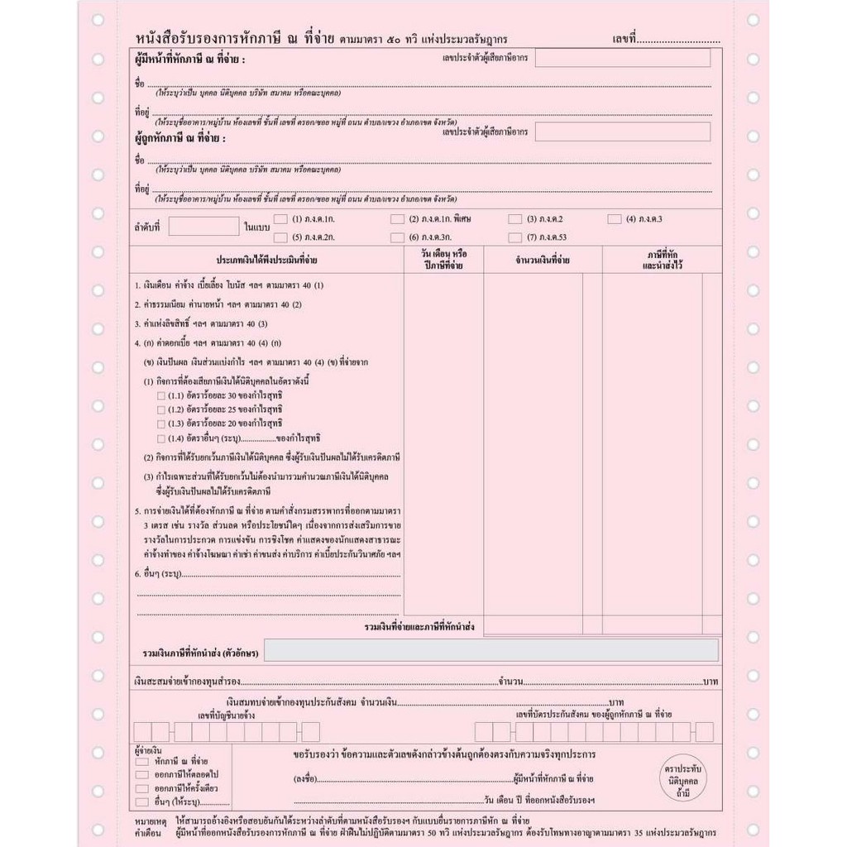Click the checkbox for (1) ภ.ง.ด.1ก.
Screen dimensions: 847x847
tap(280, 219)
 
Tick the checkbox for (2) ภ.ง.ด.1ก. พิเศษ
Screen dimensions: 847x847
tap(397, 219)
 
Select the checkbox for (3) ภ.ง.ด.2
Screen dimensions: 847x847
tap(514, 219)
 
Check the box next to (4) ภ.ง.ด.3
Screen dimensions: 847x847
tap(615, 219)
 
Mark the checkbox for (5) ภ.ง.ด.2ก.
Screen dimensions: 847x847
tap(280, 237)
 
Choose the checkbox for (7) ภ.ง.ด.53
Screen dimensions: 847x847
tap(514, 237)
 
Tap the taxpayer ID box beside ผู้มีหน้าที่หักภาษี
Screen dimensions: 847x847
tap(622, 58)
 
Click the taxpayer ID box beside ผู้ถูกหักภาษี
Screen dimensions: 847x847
tap(622, 132)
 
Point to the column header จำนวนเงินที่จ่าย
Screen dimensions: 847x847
tap(543, 261)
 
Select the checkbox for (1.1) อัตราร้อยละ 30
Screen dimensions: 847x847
tap(161, 396)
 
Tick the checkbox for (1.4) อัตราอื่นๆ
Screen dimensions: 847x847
tap(161, 438)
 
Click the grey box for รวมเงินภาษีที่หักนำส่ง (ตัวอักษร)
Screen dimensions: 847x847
tap(490, 651)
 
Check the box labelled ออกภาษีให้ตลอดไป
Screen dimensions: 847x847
tap(142, 773)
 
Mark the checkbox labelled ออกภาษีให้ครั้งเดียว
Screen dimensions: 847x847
tap(142, 787)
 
